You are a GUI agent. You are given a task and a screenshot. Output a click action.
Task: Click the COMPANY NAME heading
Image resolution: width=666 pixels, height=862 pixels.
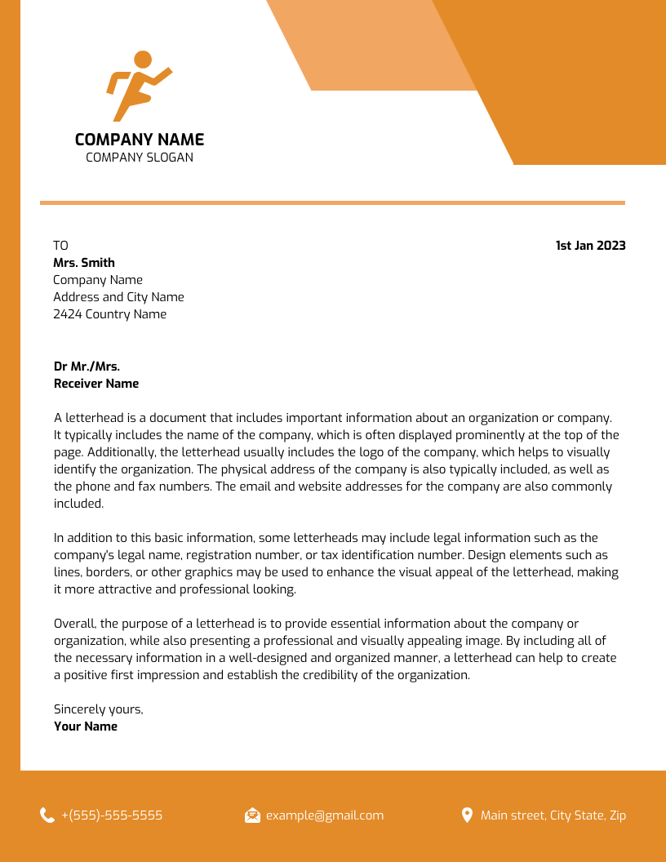click(140, 140)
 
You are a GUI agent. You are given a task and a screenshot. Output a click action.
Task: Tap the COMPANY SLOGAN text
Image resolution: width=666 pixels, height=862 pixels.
click(140, 158)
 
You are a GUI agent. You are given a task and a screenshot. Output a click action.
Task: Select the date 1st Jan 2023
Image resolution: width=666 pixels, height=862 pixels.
click(590, 246)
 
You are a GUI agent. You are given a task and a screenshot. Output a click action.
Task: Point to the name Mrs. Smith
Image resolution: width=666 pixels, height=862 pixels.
click(84, 263)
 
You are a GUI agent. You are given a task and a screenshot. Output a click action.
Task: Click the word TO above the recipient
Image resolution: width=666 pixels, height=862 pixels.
click(61, 246)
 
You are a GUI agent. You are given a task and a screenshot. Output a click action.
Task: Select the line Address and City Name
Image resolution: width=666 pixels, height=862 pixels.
click(118, 297)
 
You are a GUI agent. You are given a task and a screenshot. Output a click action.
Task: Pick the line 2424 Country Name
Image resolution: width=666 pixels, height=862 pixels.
click(109, 314)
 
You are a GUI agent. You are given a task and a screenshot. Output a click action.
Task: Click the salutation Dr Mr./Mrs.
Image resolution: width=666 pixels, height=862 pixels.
click(87, 367)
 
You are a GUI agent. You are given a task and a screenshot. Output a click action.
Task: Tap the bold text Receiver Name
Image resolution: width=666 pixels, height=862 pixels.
click(96, 384)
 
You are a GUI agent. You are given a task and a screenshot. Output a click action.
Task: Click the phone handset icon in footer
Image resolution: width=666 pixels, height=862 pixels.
click(47, 815)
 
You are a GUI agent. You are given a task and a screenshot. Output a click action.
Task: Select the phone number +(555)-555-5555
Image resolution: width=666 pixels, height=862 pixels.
click(112, 815)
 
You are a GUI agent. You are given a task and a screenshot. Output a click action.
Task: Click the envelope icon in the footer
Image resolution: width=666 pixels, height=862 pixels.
click(252, 815)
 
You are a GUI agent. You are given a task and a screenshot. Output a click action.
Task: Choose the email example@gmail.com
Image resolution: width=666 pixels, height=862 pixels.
click(325, 815)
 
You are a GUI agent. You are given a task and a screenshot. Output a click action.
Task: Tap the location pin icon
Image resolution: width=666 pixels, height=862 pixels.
click(467, 815)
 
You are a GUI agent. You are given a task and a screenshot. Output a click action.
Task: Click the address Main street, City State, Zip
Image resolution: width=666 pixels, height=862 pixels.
click(553, 815)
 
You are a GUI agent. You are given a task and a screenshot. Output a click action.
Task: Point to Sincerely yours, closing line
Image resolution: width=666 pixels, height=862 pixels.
click(98, 709)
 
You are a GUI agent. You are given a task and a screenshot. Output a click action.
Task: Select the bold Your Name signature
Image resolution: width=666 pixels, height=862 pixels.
click(86, 726)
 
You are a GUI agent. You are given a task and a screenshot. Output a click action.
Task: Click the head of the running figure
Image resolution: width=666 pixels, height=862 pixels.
click(143, 60)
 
